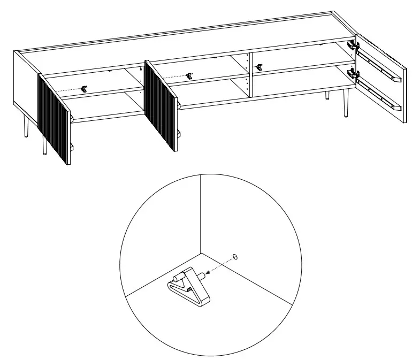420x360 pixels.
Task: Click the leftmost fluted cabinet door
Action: click(x=54, y=119)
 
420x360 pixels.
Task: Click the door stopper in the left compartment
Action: click(x=84, y=89)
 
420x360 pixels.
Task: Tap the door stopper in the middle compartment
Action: click(x=189, y=75)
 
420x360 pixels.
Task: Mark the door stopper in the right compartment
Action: click(x=260, y=67)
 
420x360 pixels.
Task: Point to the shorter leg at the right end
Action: click(x=327, y=95)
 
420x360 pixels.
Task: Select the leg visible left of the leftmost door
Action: click(x=25, y=127)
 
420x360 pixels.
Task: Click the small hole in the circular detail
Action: click(x=235, y=257)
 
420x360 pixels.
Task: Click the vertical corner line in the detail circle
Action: click(x=200, y=214)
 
